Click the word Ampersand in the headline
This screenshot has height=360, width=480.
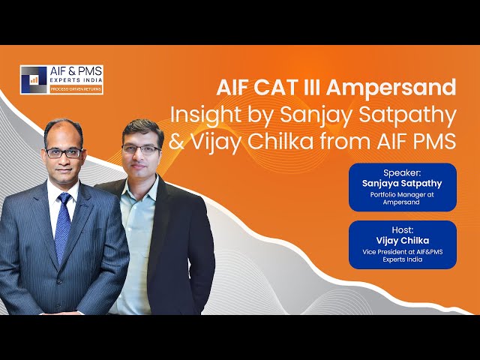pyautogui.click(x=391, y=88)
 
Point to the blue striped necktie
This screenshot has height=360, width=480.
pyautogui.click(x=63, y=226)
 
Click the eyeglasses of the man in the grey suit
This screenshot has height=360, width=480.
pyautogui.click(x=64, y=153)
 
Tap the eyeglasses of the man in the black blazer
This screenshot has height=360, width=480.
pyautogui.click(x=141, y=149)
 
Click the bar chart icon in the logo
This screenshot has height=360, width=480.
pyautogui.click(x=34, y=80)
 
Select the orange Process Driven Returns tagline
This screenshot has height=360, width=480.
pyautogui.click(x=76, y=89)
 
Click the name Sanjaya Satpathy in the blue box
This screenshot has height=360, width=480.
pyautogui.click(x=402, y=184)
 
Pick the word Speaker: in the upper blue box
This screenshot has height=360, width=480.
pyautogui.click(x=402, y=172)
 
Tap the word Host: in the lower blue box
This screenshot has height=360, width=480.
pyautogui.click(x=403, y=230)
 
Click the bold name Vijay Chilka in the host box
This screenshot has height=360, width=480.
pyautogui.click(x=403, y=241)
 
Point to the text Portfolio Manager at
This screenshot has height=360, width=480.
pyautogui.click(x=402, y=194)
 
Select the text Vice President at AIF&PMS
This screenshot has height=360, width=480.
pyautogui.click(x=403, y=252)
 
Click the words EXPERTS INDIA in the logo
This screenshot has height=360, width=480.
pyautogui.click(x=76, y=80)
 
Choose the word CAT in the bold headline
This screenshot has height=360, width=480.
pyautogui.click(x=272, y=88)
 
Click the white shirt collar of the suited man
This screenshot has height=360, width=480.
pyautogui.click(x=63, y=193)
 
